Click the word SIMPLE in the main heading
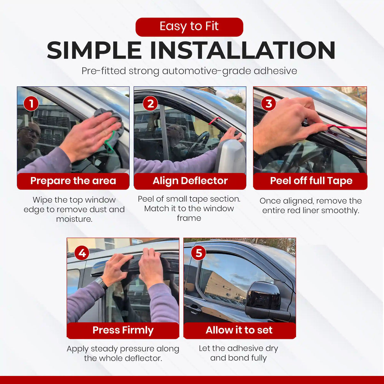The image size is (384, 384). point(94,51)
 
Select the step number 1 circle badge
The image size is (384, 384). point(31,104)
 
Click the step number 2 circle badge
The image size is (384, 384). point(150,104)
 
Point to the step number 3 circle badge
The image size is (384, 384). point(268,104)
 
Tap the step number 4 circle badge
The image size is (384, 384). point(82,253)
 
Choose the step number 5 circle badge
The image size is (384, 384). point(199,253)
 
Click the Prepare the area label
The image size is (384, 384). point(73,181)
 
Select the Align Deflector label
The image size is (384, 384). point(190,181)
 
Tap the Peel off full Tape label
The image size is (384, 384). point(311,181)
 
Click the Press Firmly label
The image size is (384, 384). point(123,330)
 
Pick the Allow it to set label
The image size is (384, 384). point(239,330)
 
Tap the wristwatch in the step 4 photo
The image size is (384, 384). point(101,284)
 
